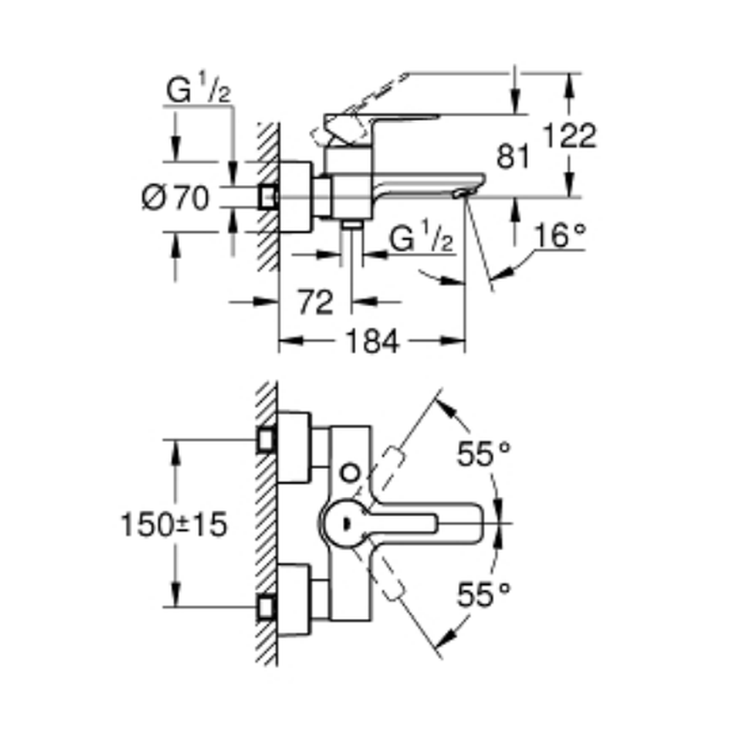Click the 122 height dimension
click(568, 137)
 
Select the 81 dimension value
click(512, 156)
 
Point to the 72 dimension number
click(316, 302)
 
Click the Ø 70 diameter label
click(176, 197)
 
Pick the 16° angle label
click(561, 236)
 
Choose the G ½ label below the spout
click(420, 239)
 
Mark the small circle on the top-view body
click(351, 471)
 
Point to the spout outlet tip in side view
click(461, 192)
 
